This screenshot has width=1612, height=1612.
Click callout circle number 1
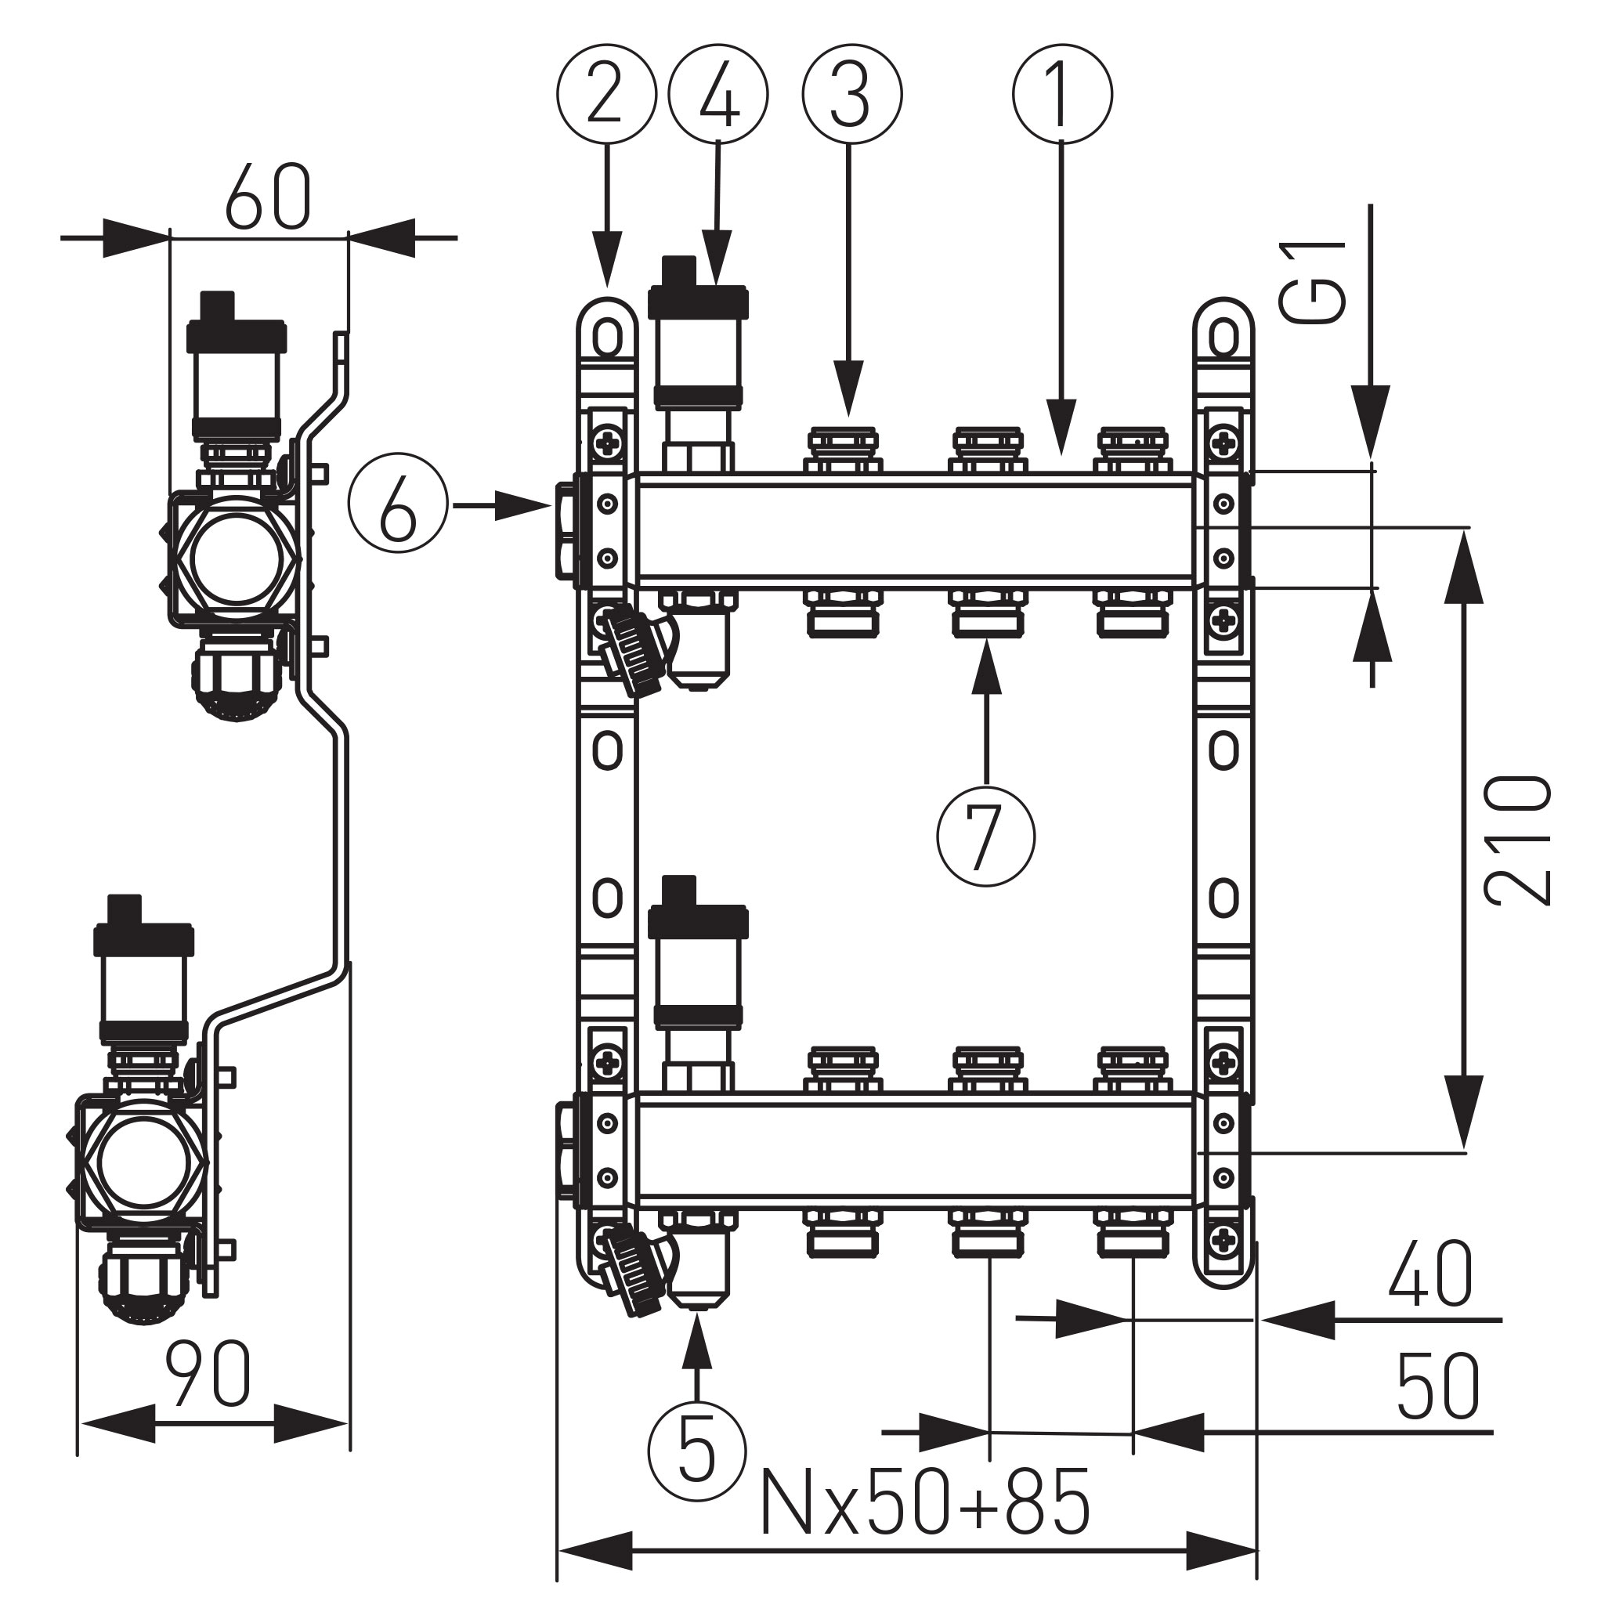pyautogui.click(x=1062, y=94)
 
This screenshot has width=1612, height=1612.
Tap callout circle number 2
pyautogui.click(x=606, y=94)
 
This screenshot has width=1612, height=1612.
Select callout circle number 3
pyautogui.click(x=852, y=94)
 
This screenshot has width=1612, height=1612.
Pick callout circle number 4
pyautogui.click(x=718, y=94)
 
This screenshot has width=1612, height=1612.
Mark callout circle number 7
pyautogui.click(x=985, y=836)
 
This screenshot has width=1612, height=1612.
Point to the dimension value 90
pyautogui.click(x=208, y=1374)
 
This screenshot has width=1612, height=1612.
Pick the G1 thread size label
pyautogui.click(x=1315, y=281)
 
